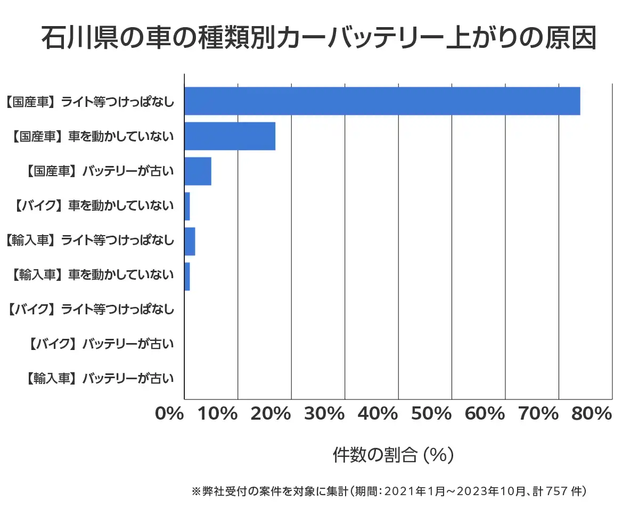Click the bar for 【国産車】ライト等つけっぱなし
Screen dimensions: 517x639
point(382,101)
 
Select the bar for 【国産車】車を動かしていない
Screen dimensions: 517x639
point(230,136)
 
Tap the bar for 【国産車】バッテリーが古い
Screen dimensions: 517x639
point(198,171)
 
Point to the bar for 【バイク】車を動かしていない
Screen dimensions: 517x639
point(187,206)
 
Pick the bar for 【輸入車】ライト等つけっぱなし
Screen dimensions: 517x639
point(190,241)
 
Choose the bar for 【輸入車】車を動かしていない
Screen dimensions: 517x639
point(187,277)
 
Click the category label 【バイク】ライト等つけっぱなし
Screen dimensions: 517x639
point(91,309)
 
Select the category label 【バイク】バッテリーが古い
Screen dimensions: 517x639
point(101,344)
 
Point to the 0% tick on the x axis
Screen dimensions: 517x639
point(169,413)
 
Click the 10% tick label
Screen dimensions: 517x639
point(218,413)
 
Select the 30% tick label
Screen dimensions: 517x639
point(325,413)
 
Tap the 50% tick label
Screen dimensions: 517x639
point(432,413)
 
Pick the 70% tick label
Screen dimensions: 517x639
point(539,413)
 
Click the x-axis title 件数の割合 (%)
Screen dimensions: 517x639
point(393,455)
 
